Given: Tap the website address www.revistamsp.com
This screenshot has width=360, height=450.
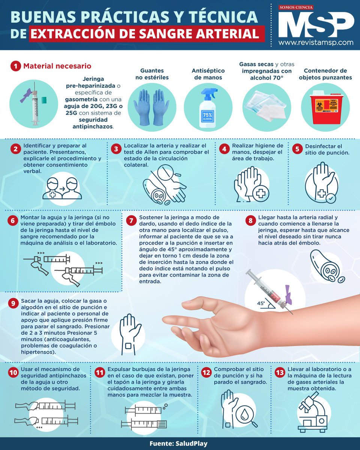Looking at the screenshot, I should coord(316,43).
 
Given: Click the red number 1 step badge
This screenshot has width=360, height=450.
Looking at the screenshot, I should coord(15,66).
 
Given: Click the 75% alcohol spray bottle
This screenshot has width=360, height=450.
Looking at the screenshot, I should coord(207,109).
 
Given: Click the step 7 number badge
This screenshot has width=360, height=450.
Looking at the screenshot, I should coord(131,221).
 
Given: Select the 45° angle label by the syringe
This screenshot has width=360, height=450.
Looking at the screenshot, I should coord(261,303).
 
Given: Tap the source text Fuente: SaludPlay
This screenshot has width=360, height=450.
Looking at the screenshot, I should coord(179,443).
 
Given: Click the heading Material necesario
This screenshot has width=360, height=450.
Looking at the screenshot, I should coord(57,66).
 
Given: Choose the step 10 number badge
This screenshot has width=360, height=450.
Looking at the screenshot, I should coord(13,372).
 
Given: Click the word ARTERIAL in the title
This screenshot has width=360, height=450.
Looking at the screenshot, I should coord(228,34).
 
